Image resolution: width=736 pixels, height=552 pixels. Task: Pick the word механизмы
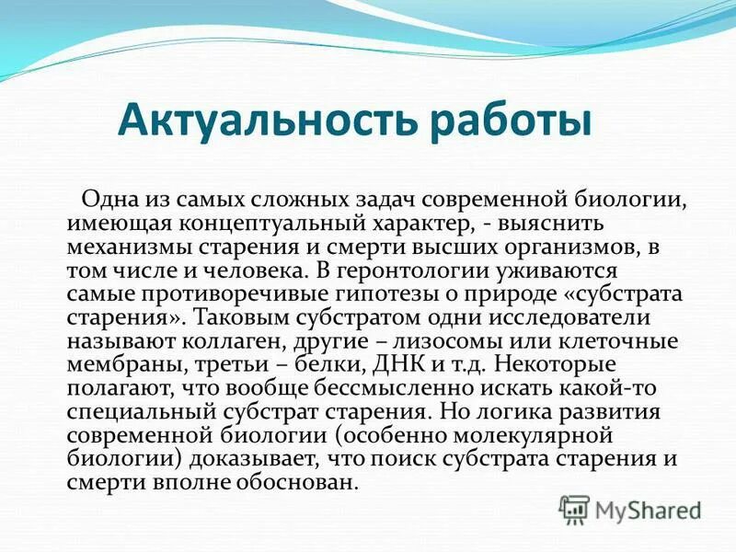coord(122,248)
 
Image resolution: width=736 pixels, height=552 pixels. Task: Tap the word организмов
coord(578,248)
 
